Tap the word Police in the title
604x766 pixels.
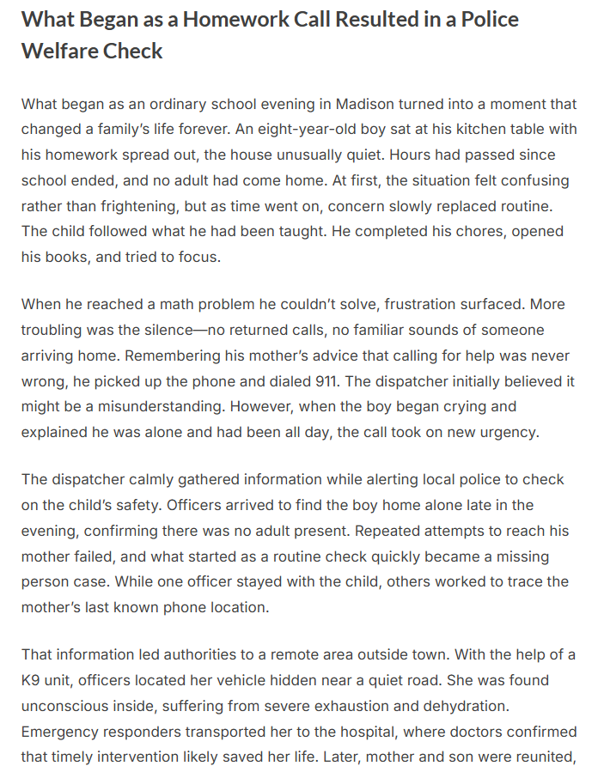coord(488,19)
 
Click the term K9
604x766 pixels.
coord(33,680)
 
